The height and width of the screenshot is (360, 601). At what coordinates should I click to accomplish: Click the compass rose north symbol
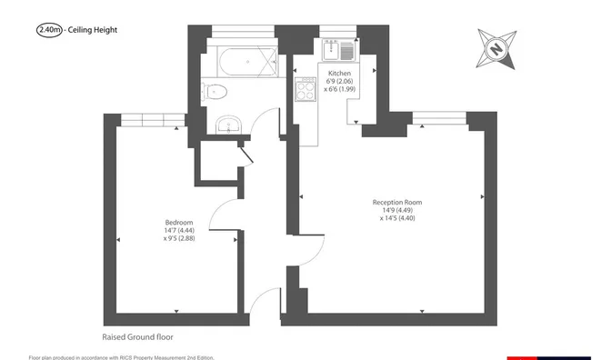point(496,49)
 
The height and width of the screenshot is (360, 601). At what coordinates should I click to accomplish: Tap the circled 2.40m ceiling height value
point(49,30)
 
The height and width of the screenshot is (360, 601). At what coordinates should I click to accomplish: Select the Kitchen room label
point(339,74)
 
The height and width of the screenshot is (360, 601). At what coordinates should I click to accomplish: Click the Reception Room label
point(397,202)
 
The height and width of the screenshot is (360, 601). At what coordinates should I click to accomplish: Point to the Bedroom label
point(179,223)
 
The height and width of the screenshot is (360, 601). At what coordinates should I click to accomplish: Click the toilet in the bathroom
point(215,92)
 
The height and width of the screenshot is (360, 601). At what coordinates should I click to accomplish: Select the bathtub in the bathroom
point(247,61)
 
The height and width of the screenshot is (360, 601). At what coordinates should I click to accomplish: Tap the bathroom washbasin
point(228,125)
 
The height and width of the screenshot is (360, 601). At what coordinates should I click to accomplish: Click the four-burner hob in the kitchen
point(306,89)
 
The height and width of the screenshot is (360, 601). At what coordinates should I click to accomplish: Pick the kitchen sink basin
point(331,51)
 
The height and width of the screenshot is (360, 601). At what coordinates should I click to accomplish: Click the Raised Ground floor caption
point(137,337)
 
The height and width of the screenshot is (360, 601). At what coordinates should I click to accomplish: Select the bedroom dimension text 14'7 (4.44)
point(179,230)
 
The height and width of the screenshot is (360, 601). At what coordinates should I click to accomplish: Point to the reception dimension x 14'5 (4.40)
point(397,218)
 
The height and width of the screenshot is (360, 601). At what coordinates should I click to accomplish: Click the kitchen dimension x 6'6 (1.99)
point(339,89)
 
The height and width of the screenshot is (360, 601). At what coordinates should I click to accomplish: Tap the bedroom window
point(153,119)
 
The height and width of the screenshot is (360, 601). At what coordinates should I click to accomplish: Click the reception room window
point(440,117)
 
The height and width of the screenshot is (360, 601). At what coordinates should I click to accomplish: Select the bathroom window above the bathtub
point(244,32)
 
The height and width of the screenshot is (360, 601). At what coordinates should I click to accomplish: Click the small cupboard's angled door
point(245,155)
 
